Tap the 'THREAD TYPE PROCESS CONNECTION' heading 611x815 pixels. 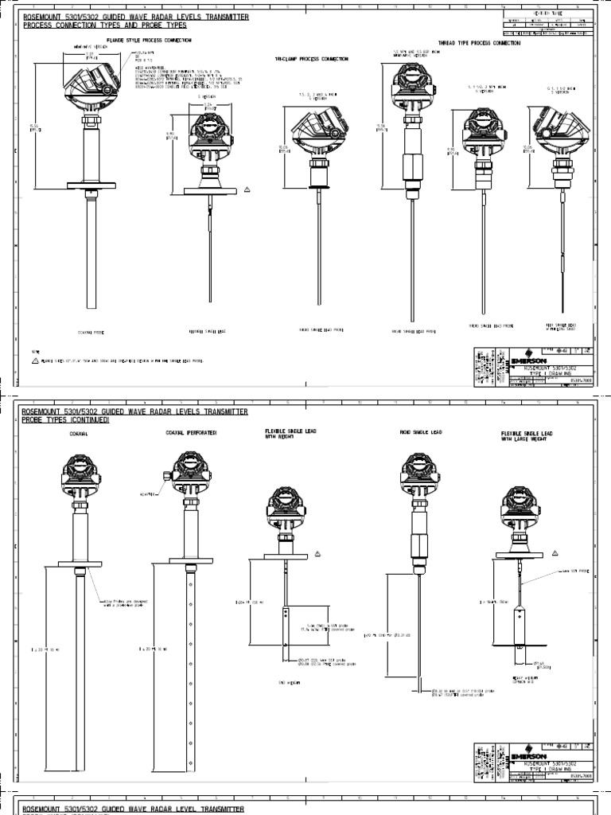pyautogui.click(x=480, y=43)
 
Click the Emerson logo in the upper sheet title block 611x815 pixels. pyautogui.click(x=526, y=359)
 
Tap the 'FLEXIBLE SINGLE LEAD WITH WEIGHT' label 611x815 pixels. pyautogui.click(x=291, y=433)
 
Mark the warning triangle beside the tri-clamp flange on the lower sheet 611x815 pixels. pyautogui.click(x=317, y=552)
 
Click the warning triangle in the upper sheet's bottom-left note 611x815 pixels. pyautogui.click(x=35, y=360)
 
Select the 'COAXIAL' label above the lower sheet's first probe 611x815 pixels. pyautogui.click(x=79, y=435)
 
